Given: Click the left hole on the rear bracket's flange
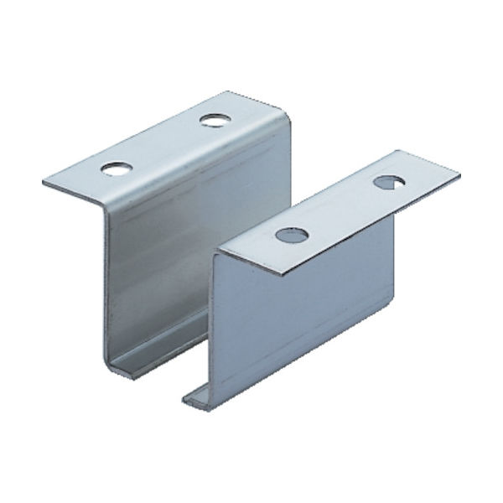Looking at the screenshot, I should [x=111, y=168].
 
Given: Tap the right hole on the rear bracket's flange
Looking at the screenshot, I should [x=215, y=120].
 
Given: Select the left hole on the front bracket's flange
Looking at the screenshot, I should [x=290, y=234].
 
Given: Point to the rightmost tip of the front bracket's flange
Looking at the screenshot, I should [x=459, y=177].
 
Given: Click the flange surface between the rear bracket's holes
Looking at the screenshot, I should [x=163, y=144].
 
